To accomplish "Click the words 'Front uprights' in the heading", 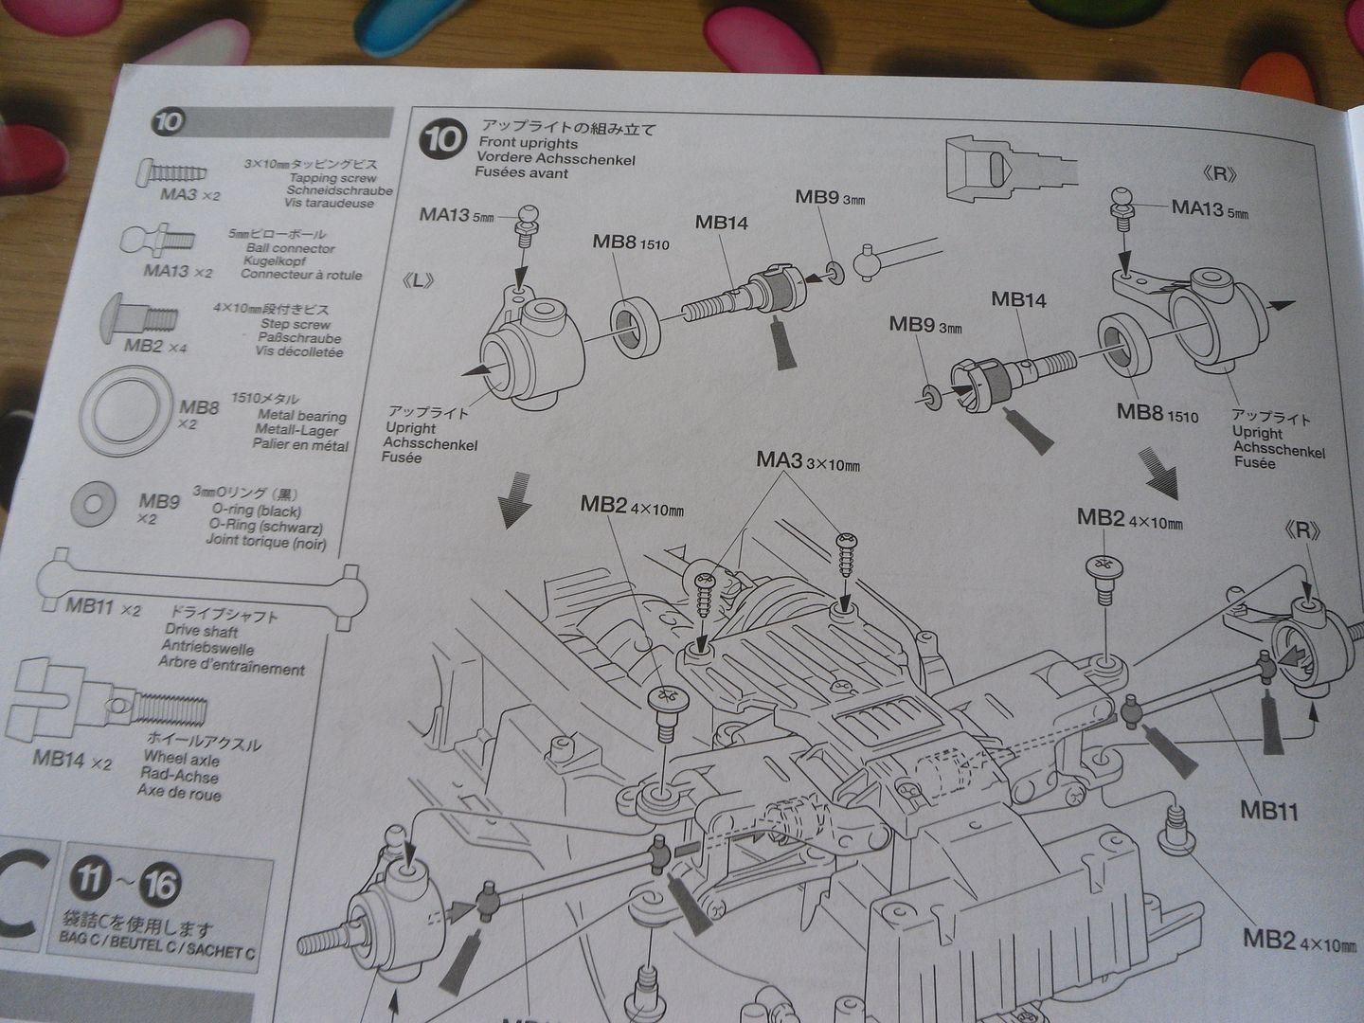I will [528, 142].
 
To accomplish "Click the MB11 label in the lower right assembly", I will [1267, 812].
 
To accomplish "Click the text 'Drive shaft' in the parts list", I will [201, 631].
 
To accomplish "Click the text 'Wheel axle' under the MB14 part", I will [181, 759].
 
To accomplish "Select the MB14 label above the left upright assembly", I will [721, 223].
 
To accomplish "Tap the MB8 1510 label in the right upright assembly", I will [1157, 413].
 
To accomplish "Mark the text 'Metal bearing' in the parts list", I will [301, 415].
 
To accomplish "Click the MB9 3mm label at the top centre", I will [829, 197].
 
